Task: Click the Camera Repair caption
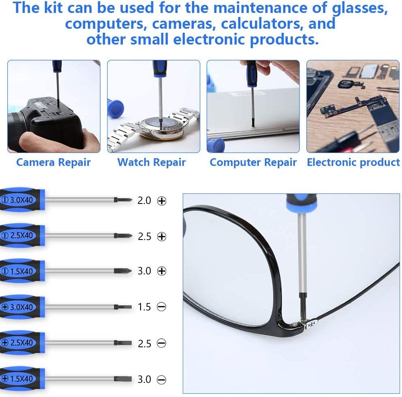pos(53,162)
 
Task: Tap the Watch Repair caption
pos(151,162)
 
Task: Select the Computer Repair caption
pos(253,162)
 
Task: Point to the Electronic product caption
pos(353,162)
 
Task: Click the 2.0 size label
pos(144,200)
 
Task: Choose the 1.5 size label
pos(144,307)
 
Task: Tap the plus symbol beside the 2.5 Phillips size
pos(162,237)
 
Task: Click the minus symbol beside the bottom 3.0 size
pos(161,380)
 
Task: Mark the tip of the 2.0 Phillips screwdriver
pos(118,200)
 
